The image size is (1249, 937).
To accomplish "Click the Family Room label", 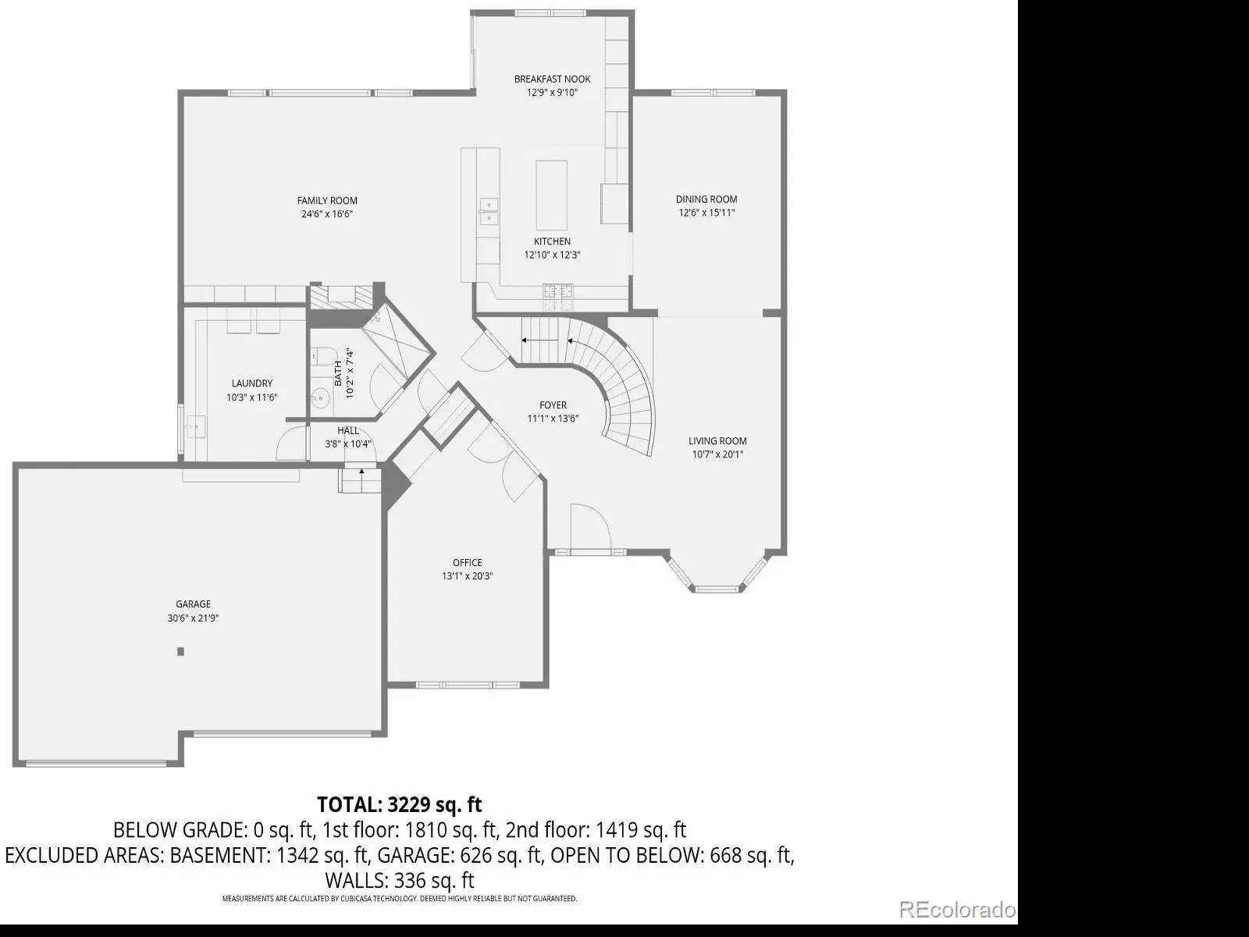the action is pos(327,201).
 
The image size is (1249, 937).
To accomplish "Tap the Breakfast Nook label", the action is pos(552,79).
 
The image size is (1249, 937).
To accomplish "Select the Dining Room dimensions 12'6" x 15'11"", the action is pos(706,212).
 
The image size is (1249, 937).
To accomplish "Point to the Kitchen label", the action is pos(552,242).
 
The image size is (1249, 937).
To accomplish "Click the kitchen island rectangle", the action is pos(551,195).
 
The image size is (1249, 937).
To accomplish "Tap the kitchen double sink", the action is pos(489,212).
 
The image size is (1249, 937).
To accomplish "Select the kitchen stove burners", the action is pos(558,297).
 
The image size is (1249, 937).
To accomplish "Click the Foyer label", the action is pos(553,405).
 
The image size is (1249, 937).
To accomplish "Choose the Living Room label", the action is pos(717,441).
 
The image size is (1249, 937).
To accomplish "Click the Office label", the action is pos(467,563).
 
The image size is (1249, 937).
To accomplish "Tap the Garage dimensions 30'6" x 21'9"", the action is pos(193,618).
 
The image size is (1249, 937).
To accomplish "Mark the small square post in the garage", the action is pos(180,651).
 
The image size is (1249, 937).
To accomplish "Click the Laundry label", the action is pos(251,383).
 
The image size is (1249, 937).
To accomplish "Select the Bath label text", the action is pos(338,373).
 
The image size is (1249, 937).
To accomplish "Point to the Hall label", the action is pos(347,431).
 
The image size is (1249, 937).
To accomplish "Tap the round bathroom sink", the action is pos(320,397).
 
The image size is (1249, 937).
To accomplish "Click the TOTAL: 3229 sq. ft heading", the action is pos(400,804).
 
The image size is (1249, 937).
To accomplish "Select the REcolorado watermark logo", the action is pos(957,910).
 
